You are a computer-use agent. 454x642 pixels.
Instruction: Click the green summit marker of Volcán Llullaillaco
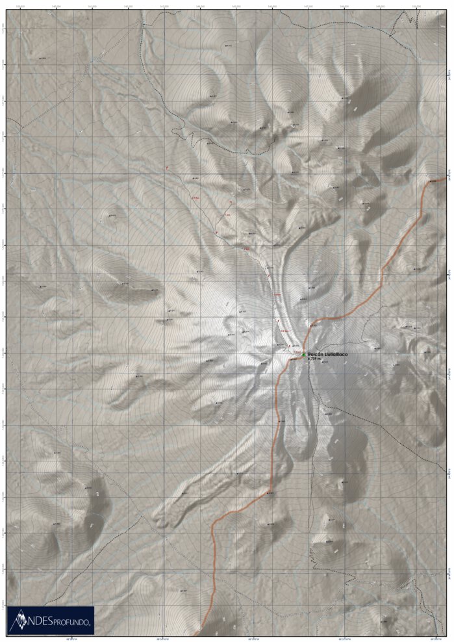(x=303, y=354)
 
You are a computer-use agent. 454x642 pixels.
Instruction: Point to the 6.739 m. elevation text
(x=314, y=359)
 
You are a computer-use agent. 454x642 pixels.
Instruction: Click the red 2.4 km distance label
(x=195, y=198)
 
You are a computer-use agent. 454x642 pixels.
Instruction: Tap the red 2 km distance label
(x=246, y=250)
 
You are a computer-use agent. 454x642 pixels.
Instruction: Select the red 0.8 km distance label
(x=284, y=329)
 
